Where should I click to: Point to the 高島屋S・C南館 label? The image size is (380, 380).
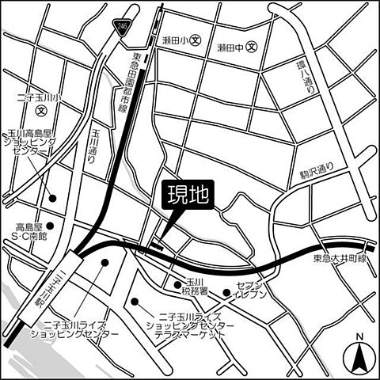(29, 230)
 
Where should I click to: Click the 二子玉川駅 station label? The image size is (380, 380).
(63, 285)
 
